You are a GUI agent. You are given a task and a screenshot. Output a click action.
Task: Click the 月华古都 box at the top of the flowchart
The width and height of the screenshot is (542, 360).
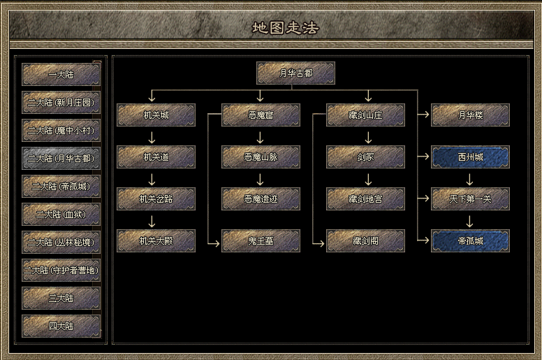pyautogui.click(x=295, y=73)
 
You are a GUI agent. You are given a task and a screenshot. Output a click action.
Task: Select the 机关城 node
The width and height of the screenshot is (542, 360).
pyautogui.click(x=156, y=115)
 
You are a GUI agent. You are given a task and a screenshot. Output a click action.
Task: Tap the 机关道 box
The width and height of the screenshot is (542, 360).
pyautogui.click(x=156, y=157)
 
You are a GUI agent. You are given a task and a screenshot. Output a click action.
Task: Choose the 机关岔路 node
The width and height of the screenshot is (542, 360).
pyautogui.click(x=156, y=199)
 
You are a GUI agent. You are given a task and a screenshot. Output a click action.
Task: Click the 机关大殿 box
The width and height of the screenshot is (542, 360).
pyautogui.click(x=156, y=240)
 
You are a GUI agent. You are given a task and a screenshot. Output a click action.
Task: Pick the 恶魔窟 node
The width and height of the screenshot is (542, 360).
pyautogui.click(x=261, y=115)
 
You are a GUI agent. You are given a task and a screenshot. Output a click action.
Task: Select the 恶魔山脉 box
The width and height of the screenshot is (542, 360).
pyautogui.click(x=261, y=157)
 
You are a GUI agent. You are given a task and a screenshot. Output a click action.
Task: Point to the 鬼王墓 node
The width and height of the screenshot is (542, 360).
pyautogui.click(x=261, y=240)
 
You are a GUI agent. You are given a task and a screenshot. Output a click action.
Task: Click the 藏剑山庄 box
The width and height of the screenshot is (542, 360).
pyautogui.click(x=365, y=115)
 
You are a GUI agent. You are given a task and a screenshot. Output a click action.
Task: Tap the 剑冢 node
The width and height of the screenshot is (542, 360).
pyautogui.click(x=365, y=157)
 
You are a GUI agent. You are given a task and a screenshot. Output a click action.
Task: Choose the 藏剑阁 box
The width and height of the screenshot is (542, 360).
pyautogui.click(x=365, y=240)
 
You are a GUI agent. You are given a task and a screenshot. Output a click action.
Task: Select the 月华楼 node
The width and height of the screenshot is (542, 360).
pyautogui.click(x=470, y=115)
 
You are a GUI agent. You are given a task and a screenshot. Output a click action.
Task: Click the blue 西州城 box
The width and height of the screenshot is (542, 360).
pyautogui.click(x=470, y=157)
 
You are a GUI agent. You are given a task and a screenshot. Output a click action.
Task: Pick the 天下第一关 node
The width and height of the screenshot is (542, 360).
pyautogui.click(x=470, y=199)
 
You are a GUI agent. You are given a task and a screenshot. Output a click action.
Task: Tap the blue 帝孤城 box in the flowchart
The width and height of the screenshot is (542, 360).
pyautogui.click(x=470, y=240)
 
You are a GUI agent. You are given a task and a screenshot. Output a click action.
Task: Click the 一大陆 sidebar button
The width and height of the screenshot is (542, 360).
pyautogui.click(x=61, y=74)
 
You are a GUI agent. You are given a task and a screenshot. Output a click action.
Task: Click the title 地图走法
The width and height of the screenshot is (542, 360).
pyautogui.click(x=284, y=28)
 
